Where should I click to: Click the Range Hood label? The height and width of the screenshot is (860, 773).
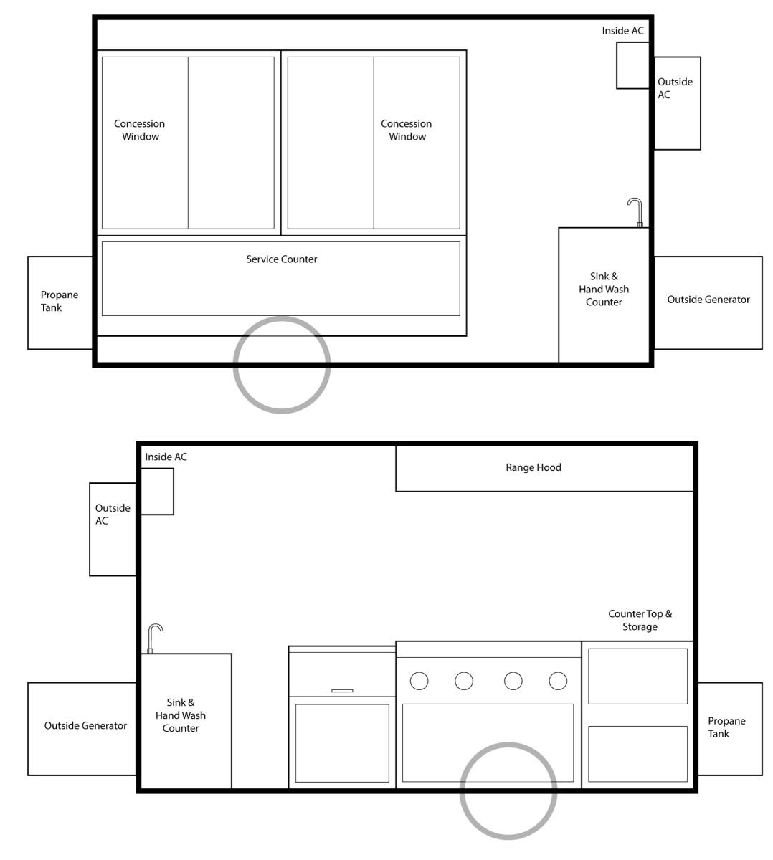[533, 467]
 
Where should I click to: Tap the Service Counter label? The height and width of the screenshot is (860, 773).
[282, 259]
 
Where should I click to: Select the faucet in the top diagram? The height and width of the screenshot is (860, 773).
[635, 212]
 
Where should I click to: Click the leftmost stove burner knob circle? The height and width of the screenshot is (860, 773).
[419, 681]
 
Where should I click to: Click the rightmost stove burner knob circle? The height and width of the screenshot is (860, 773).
[558, 681]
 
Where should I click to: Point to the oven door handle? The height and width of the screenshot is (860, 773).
[342, 691]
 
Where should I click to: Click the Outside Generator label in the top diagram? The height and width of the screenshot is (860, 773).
[708, 300]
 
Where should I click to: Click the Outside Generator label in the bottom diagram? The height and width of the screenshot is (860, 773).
[85, 725]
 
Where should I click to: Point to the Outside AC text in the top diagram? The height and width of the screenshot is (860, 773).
[675, 88]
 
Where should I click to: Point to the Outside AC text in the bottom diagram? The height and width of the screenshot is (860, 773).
[113, 514]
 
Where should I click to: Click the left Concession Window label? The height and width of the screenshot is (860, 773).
[140, 130]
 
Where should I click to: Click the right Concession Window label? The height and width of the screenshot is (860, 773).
[407, 130]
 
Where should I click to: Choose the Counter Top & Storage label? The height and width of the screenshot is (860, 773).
[640, 620]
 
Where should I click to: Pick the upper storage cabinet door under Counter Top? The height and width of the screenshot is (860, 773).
[637, 677]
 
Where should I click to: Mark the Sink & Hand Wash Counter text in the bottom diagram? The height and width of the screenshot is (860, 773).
[181, 715]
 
